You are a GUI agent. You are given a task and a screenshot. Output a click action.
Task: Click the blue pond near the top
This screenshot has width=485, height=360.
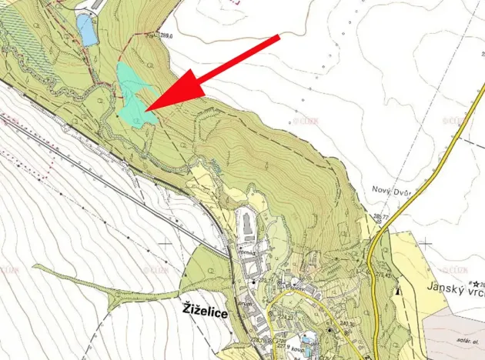(86, 29)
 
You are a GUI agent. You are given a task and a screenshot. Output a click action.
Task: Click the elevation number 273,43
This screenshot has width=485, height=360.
(383, 275)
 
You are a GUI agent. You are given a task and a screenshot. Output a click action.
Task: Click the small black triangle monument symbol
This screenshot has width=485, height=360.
(397, 292)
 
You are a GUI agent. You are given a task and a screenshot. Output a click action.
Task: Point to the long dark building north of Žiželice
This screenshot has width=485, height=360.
(246, 225)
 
